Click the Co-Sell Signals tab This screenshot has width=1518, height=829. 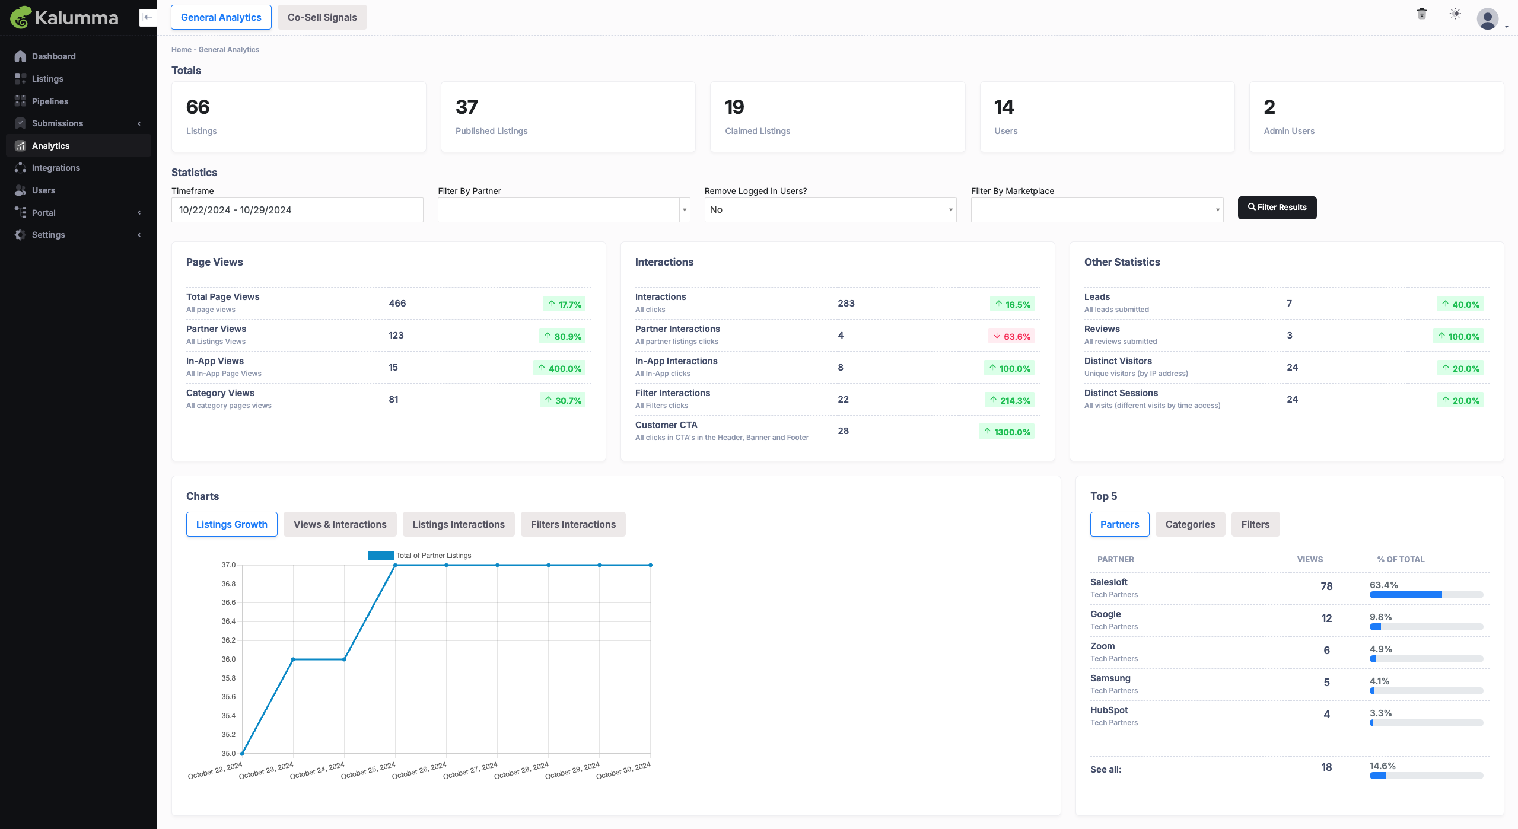322,17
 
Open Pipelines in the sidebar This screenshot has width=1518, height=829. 50,101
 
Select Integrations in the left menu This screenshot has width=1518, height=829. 56,168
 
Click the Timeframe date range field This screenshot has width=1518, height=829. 297,210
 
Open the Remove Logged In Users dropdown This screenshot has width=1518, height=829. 830,210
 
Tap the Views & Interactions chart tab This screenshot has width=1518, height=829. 340,524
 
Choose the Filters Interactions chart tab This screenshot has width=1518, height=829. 573,524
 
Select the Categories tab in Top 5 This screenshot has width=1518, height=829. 1190,524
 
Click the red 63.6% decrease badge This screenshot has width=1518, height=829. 1011,336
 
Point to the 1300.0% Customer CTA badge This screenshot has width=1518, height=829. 1007,432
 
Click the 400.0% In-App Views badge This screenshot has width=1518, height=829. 559,368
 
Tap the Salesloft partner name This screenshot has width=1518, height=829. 1109,582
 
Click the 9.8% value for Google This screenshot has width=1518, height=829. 1380,617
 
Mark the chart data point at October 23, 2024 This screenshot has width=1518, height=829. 293,659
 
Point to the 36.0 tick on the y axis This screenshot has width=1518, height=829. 228,659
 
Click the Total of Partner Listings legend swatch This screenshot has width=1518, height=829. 381,556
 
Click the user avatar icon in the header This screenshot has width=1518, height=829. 1487,18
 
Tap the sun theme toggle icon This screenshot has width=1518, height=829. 1455,14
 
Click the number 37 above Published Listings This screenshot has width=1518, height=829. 466,107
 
